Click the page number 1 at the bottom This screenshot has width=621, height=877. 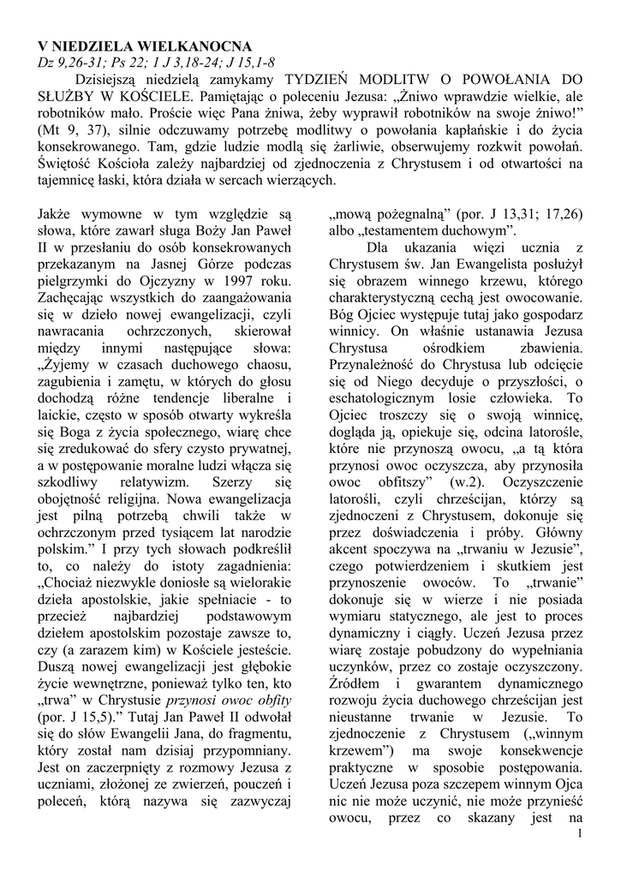(580, 834)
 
